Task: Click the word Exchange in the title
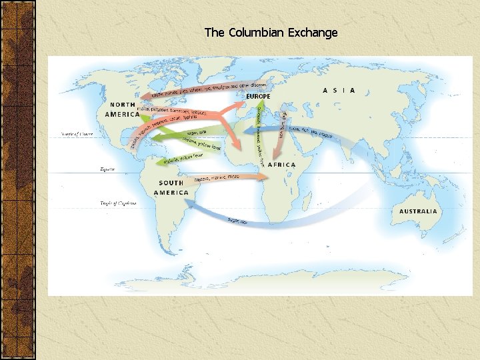point(313,32)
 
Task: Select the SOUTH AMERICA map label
point(171,187)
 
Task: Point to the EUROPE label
point(259,97)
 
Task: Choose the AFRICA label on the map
point(281,165)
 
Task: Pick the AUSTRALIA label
point(418,211)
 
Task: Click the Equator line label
point(107,170)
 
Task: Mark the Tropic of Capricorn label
point(118,203)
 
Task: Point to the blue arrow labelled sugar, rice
point(267,217)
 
